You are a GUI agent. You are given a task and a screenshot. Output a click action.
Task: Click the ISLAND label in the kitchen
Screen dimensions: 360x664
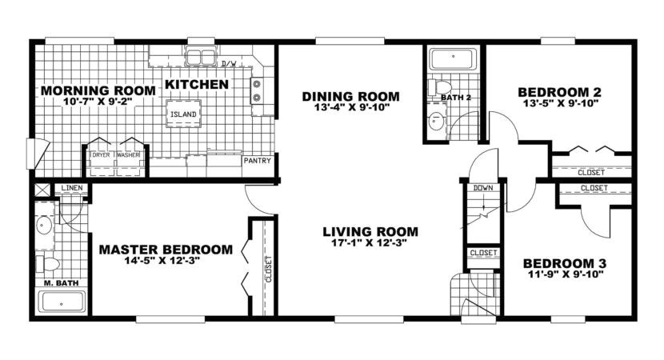[182, 114]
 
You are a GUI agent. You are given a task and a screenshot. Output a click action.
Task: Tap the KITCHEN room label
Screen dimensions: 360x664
[197, 84]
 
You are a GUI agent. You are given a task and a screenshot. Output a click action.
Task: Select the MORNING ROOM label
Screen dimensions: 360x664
[86, 90]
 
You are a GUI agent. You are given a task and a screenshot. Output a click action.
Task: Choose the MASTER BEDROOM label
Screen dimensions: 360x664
[166, 249]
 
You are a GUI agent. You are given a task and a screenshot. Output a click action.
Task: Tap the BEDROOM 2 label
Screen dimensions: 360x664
[559, 91]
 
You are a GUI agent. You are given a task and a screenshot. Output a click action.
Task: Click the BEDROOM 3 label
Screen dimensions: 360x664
[565, 263]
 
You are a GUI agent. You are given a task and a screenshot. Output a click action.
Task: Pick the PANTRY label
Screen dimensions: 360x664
[257, 160]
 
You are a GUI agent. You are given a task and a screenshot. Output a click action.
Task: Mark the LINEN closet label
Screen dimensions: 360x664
[70, 188]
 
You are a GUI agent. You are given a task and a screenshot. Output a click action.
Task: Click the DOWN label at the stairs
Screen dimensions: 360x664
[482, 187]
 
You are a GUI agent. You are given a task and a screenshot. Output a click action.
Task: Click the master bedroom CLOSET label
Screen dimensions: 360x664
[267, 269]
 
